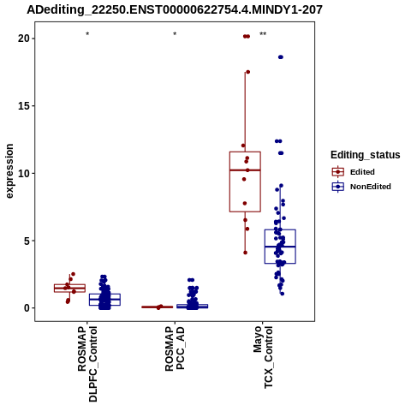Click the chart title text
click(x=175, y=9)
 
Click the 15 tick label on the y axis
click(x=24, y=106)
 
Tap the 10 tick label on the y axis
click(x=24, y=173)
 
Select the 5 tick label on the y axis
click(x=27, y=241)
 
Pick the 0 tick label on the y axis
click(x=27, y=308)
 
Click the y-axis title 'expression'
click(x=9, y=171)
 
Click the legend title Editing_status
click(x=366, y=155)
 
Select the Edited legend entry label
click(x=362, y=172)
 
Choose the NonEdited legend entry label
click(x=371, y=187)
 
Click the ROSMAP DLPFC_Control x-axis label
click(x=87, y=364)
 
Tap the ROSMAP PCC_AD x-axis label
click(x=175, y=348)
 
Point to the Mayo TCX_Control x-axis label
click(x=263, y=357)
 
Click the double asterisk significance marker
click(x=263, y=34)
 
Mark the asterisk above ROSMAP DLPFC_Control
click(x=87, y=34)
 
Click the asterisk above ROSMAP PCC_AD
click(x=175, y=34)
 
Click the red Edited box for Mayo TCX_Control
click(x=245, y=182)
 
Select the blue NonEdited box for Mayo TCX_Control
click(x=280, y=247)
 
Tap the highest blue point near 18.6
click(x=281, y=57)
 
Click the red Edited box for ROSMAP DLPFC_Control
click(x=69, y=288)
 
